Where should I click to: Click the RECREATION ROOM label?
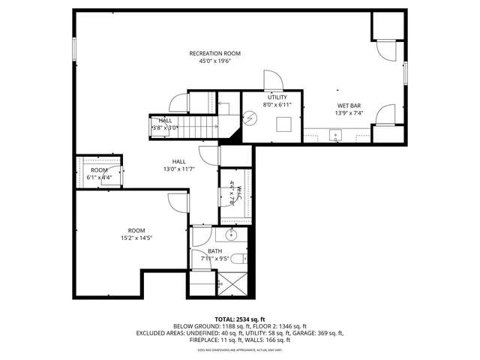[214, 53]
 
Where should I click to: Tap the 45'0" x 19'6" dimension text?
[214, 62]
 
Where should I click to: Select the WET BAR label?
[349, 105]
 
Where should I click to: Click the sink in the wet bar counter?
[335, 136]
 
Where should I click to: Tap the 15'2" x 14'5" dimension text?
[136, 239]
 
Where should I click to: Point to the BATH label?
[215, 251]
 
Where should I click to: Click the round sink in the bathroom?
[232, 235]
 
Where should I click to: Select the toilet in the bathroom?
[237, 259]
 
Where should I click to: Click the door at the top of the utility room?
[271, 80]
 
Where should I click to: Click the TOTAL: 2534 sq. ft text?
[239, 319]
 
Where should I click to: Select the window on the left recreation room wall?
[73, 47]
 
